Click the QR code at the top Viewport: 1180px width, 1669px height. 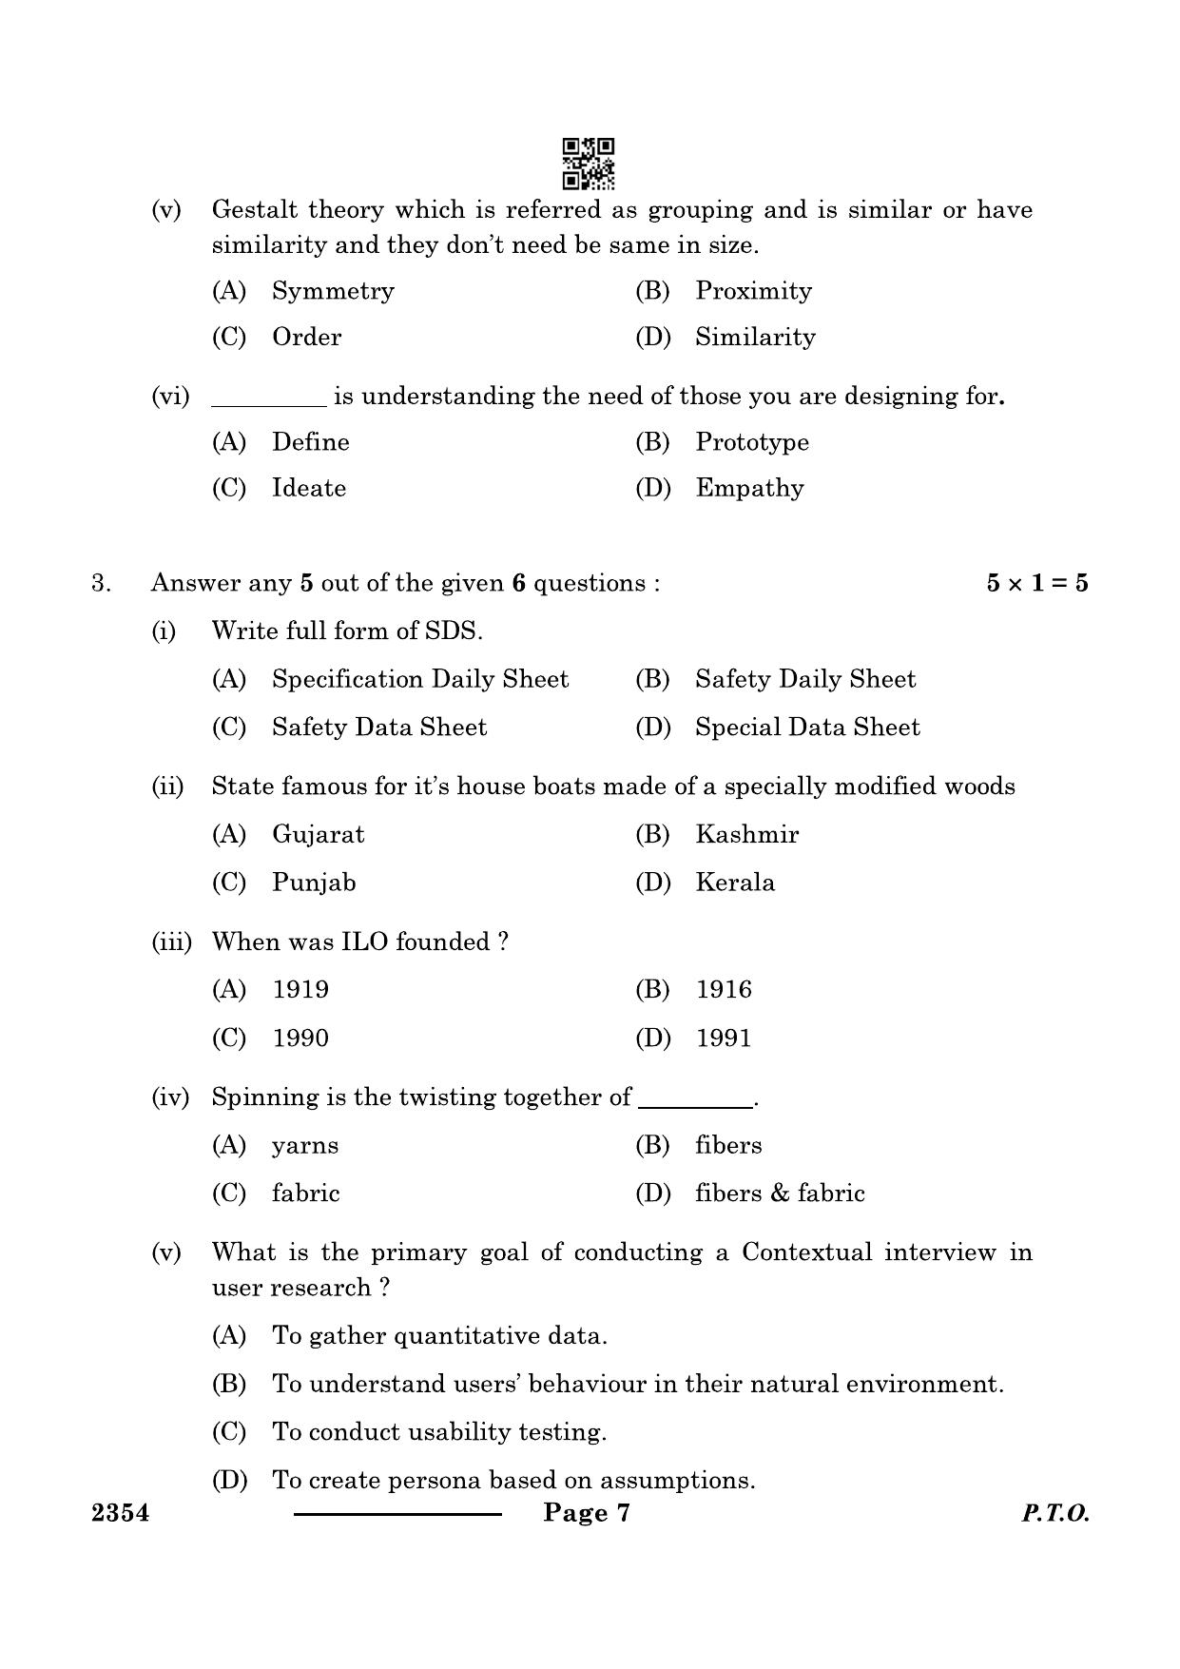pyautogui.click(x=589, y=163)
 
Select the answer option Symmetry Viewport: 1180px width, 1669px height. pyautogui.click(x=333, y=291)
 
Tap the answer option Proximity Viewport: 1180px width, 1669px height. pyautogui.click(x=753, y=291)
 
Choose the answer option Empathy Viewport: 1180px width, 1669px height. pyautogui.click(x=749, y=489)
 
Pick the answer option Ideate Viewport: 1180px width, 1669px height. pyautogui.click(x=309, y=489)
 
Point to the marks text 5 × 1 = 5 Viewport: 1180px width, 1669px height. pyautogui.click(x=1036, y=584)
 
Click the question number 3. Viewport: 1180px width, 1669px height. pyautogui.click(x=101, y=584)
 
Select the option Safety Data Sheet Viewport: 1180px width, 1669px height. pyautogui.click(x=378, y=728)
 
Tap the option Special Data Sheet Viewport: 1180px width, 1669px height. pyautogui.click(x=807, y=728)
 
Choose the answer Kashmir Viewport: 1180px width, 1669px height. pyautogui.click(x=746, y=835)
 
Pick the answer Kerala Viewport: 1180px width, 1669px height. pyautogui.click(x=735, y=883)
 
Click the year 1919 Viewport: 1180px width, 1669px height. pyautogui.click(x=300, y=990)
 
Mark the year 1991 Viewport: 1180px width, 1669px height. pyautogui.click(x=724, y=1038)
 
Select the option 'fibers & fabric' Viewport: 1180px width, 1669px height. pyautogui.click(x=780, y=1194)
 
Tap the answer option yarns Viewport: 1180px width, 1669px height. pyautogui.click(x=304, y=1146)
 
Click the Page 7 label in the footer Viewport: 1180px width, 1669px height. pyautogui.click(x=587, y=1513)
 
